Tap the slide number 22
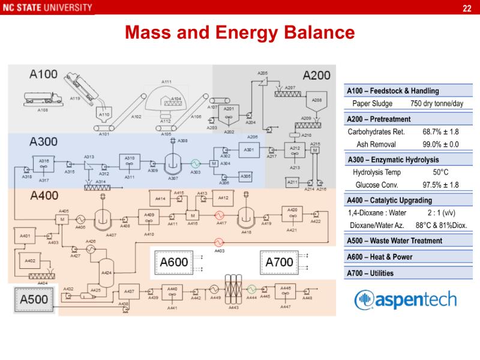(x=467, y=8)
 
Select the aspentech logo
(x=406, y=299)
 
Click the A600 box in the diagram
(x=173, y=262)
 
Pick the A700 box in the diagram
(x=280, y=262)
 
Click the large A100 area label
(x=44, y=74)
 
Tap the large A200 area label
(x=316, y=75)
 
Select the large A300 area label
(x=44, y=142)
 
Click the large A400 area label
(x=44, y=196)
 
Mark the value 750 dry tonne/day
(x=437, y=104)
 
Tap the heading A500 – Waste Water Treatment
(x=395, y=241)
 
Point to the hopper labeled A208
(x=317, y=100)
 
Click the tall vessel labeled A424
(x=107, y=270)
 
